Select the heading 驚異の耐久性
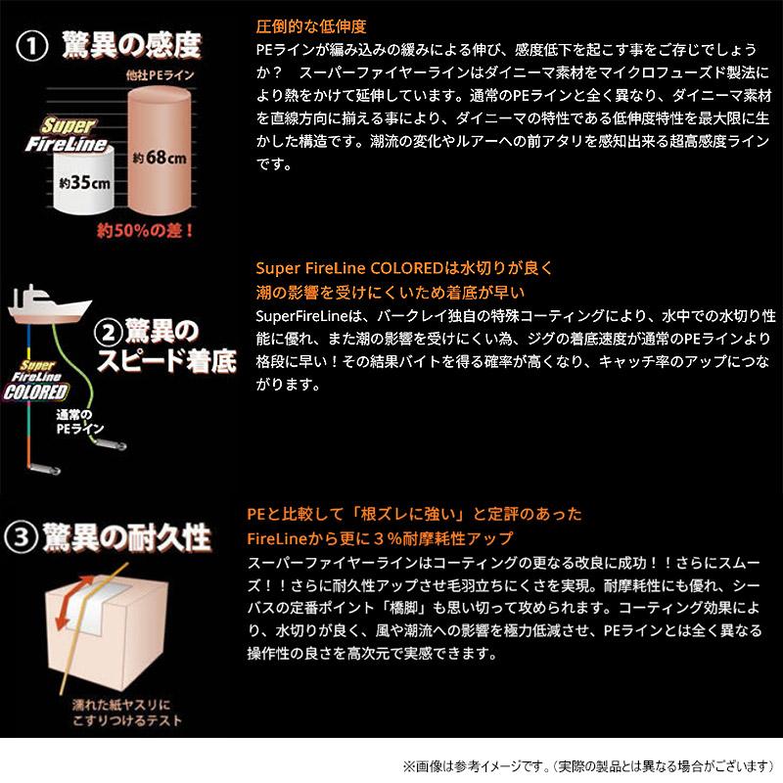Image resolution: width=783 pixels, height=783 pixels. pos(128,536)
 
